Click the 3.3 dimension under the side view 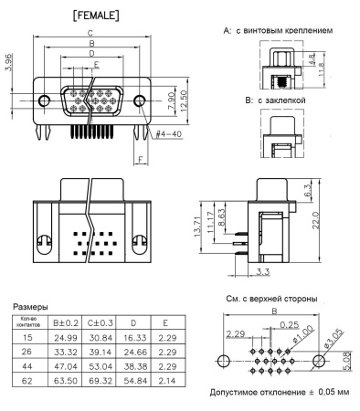pos(263,271)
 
